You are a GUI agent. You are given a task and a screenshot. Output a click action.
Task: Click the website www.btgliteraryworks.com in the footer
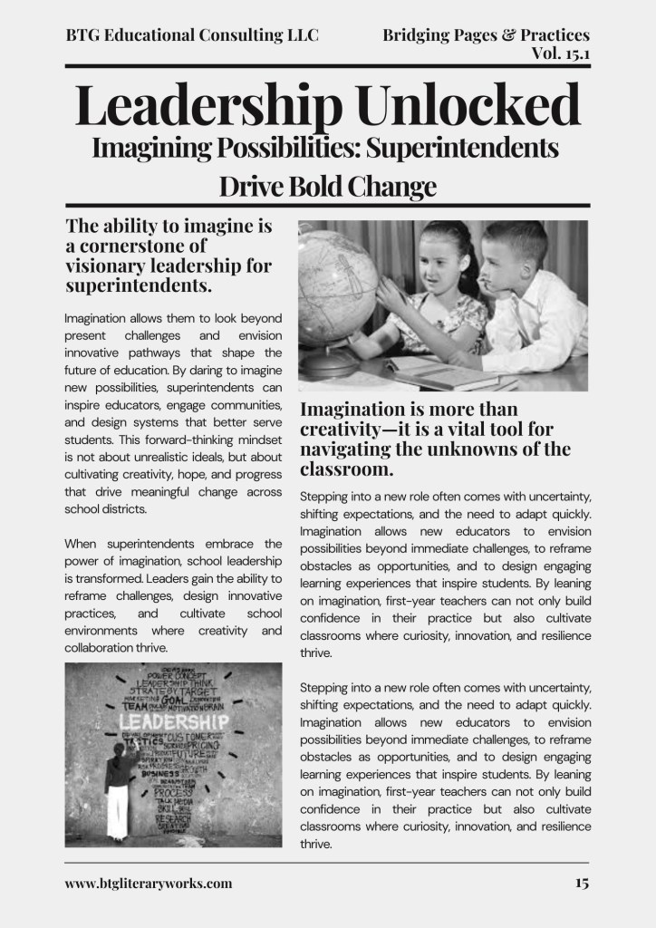(149, 883)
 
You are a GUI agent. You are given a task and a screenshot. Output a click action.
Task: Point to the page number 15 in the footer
(581, 883)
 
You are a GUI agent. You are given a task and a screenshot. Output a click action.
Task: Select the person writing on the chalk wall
(118, 789)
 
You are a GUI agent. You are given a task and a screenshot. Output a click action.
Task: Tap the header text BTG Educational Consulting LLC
(192, 35)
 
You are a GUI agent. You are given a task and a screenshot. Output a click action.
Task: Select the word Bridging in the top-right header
(419, 35)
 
